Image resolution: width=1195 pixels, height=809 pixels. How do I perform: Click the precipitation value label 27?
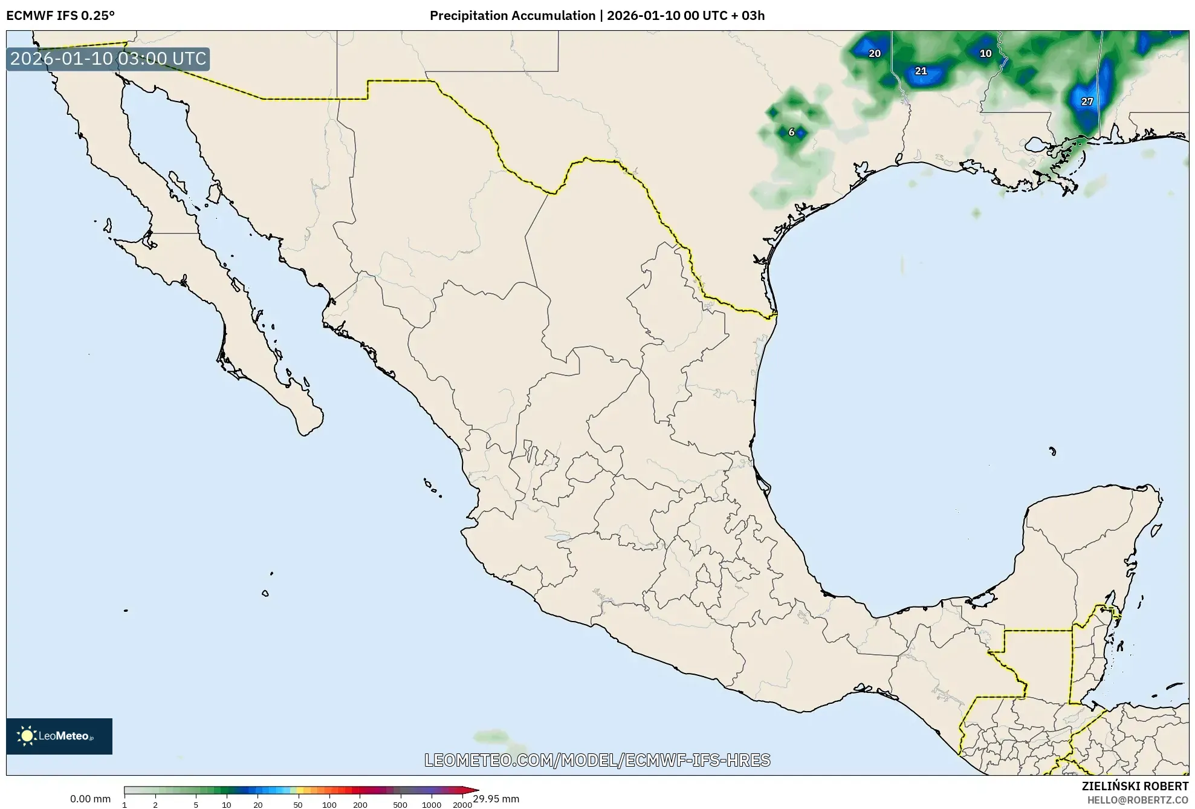click(1087, 102)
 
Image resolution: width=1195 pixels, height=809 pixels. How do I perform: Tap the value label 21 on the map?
click(921, 71)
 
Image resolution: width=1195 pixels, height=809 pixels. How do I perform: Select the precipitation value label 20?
click(874, 53)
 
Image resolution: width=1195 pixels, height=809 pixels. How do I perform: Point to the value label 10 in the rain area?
click(985, 53)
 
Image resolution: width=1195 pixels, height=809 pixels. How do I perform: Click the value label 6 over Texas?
click(791, 132)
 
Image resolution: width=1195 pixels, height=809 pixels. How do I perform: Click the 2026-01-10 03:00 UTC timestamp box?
click(108, 59)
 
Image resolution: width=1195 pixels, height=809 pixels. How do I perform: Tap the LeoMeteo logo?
click(59, 736)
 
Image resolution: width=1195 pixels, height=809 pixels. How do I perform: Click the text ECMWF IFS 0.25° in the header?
click(60, 15)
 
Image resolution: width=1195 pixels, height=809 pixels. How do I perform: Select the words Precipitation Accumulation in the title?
click(512, 15)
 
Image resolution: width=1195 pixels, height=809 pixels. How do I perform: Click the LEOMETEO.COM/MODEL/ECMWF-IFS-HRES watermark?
click(597, 760)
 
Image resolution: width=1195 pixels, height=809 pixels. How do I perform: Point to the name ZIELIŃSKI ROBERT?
click(1135, 786)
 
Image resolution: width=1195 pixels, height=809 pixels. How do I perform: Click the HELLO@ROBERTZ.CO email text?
click(1138, 800)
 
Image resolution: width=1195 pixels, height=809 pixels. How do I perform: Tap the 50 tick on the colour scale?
click(297, 805)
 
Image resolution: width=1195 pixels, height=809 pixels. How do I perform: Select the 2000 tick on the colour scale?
click(462, 805)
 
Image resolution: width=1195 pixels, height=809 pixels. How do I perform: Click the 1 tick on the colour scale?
click(125, 805)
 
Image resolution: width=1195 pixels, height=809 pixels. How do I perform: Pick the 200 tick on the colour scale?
click(360, 805)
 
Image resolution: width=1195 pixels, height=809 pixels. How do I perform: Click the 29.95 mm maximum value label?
click(496, 799)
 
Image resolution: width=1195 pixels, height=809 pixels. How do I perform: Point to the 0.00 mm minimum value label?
click(90, 799)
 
